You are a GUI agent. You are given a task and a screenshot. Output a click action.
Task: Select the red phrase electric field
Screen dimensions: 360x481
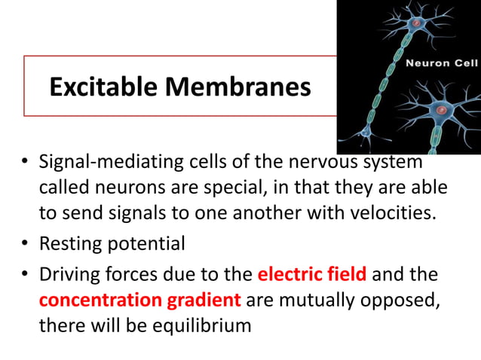point(312,272)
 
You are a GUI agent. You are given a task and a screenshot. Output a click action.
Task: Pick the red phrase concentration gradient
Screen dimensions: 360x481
point(140,299)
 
